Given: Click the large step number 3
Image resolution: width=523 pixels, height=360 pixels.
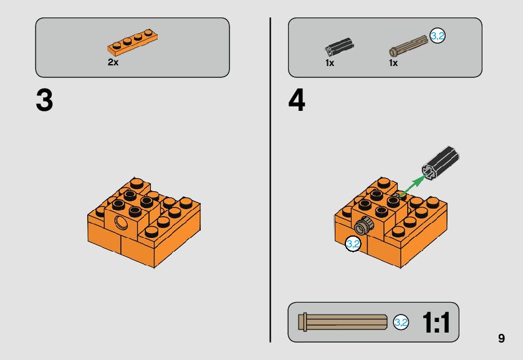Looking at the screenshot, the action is [x=44, y=100].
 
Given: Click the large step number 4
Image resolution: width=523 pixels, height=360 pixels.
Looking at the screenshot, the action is [x=297, y=100].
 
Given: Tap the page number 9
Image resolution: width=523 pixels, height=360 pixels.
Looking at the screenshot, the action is [x=501, y=338].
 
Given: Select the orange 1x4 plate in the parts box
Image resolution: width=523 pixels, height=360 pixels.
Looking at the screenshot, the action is [x=132, y=42].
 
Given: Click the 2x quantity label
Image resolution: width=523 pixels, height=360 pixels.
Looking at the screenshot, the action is [x=113, y=62].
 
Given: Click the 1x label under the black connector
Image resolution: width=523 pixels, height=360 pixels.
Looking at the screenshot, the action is [x=330, y=63].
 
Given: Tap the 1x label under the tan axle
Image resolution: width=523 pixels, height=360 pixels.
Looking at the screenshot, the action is [x=393, y=63].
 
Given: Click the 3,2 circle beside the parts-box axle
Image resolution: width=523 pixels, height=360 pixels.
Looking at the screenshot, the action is [x=437, y=36].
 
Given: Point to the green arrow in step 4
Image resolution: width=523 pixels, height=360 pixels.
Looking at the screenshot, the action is [x=411, y=186].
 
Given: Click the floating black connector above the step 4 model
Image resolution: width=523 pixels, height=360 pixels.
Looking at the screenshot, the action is [x=440, y=163].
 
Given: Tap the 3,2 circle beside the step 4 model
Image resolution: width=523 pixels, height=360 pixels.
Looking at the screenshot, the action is [x=353, y=244].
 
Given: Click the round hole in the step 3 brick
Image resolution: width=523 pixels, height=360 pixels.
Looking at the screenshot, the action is [x=120, y=222].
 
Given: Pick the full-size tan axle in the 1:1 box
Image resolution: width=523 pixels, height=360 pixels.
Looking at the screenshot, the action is [x=343, y=323].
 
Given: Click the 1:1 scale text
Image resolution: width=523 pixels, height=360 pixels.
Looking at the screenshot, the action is [x=436, y=323].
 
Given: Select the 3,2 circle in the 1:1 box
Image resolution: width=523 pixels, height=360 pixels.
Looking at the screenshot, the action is [x=401, y=323].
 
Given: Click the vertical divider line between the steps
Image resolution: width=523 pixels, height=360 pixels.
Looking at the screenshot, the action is [x=270, y=180].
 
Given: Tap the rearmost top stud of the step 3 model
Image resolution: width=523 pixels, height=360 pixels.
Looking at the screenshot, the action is [x=137, y=183].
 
